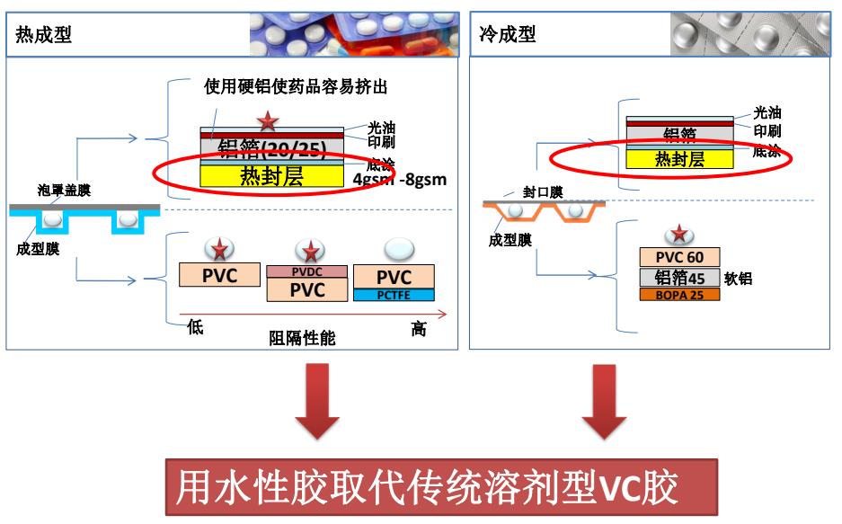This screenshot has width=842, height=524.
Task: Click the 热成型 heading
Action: point(44,35)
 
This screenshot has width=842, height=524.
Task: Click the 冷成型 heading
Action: point(504,35)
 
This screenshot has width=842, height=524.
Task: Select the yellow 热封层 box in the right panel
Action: point(678,159)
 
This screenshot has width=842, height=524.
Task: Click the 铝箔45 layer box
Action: point(679,278)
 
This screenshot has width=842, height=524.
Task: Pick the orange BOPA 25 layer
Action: point(679,294)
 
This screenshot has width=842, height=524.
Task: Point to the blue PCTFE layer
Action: point(394,294)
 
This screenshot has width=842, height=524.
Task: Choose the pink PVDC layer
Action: point(307,271)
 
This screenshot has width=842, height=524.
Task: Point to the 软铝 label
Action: point(739,279)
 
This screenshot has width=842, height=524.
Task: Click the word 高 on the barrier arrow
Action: point(418,330)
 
